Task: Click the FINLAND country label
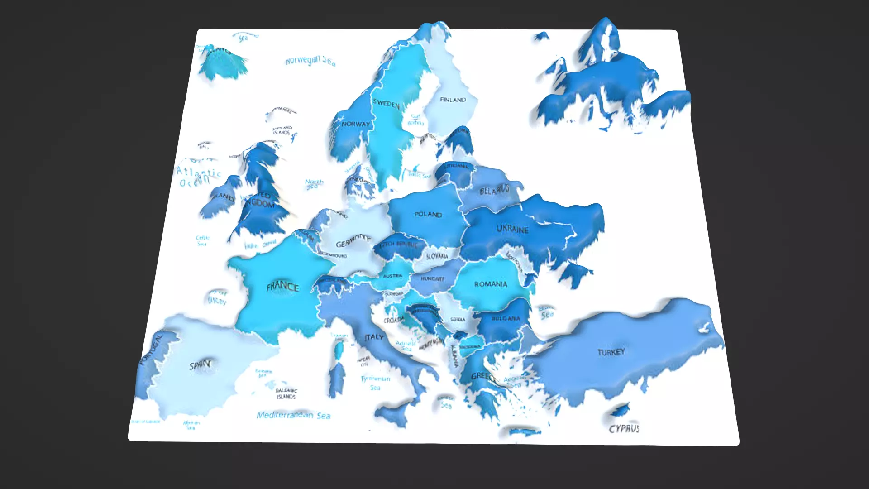[x=453, y=100]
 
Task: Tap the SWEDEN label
[x=386, y=103]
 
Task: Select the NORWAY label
[x=356, y=124]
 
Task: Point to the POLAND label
[x=428, y=214]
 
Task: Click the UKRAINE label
[x=512, y=229]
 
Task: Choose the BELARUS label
[x=494, y=190]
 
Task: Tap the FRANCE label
[x=282, y=286]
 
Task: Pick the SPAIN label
[x=200, y=365]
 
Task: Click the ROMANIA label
[x=491, y=284]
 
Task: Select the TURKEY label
[x=611, y=352]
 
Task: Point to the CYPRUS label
[x=624, y=428]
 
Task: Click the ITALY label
[x=374, y=337]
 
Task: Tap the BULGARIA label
[x=505, y=318]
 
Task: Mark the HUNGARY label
[x=432, y=279]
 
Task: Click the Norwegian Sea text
[x=310, y=61]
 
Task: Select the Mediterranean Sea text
[x=293, y=415]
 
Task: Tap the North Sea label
[x=314, y=184]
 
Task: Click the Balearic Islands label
[x=286, y=393]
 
